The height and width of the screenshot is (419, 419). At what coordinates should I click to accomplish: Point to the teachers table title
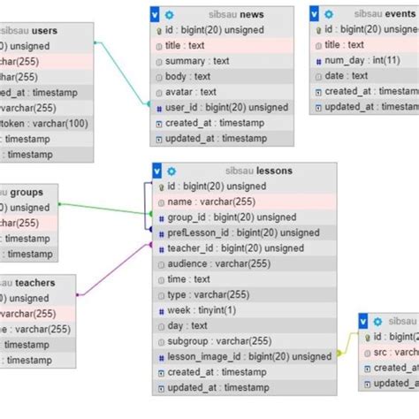pos(34,283)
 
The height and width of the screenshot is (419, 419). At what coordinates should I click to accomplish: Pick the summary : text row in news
pos(197,61)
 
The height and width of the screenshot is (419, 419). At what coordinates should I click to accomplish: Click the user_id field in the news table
pos(214,107)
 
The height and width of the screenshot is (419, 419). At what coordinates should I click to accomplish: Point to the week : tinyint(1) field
pos(202,310)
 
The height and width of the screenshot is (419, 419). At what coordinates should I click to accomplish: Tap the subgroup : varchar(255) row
pos(218,341)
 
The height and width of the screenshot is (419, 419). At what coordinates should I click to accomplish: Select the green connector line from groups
pos(102,209)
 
